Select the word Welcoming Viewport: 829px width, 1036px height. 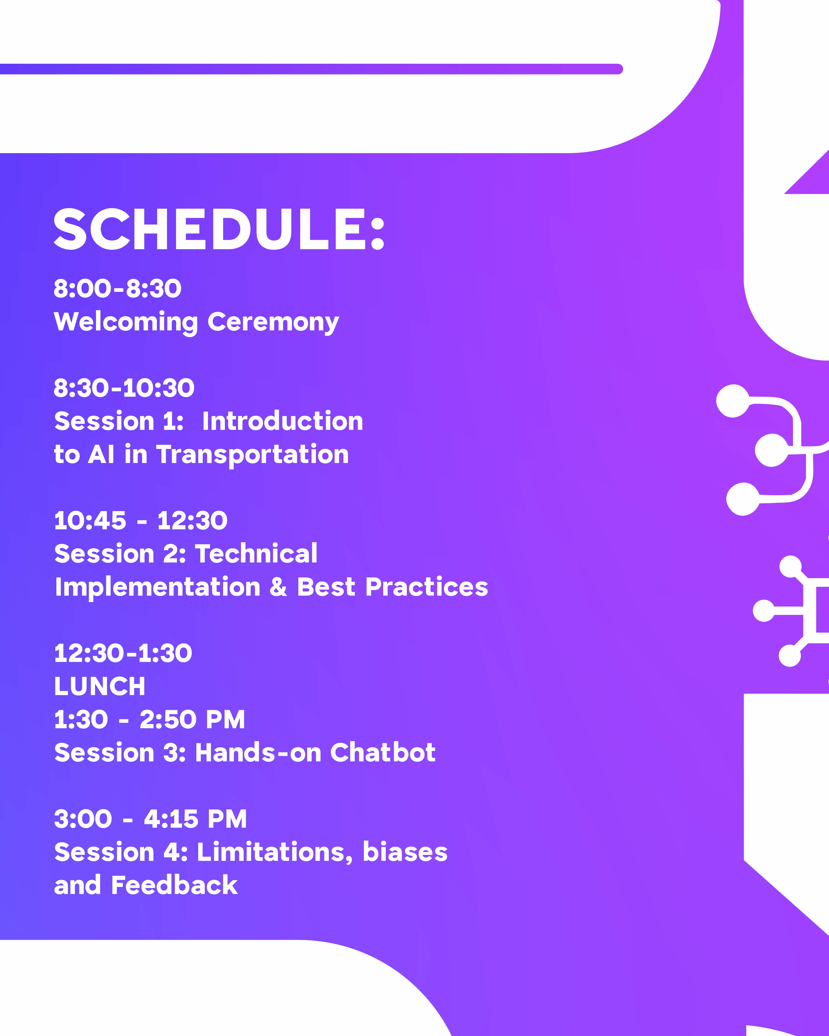tap(126, 322)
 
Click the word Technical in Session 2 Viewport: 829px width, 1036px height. tap(256, 554)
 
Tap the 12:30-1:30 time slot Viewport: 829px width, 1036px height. tap(123, 653)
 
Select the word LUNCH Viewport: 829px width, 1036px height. tap(99, 686)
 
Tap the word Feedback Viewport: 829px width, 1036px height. tap(174, 885)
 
